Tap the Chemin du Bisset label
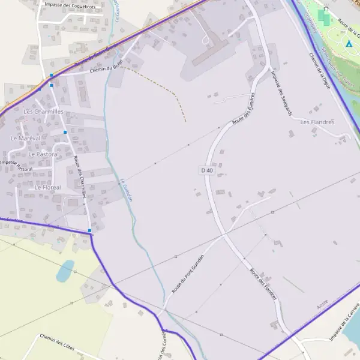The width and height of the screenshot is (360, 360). [106, 69]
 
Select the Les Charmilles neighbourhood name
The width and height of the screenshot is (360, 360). [43, 112]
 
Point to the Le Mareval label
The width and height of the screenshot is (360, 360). [25, 138]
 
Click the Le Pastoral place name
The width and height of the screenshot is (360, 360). [44, 154]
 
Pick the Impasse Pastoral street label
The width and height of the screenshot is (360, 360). [16, 166]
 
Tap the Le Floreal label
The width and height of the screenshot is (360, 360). [47, 187]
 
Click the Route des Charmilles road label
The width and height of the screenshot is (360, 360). [80, 176]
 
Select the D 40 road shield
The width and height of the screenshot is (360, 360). [206, 170]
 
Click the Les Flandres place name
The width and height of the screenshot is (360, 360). [317, 122]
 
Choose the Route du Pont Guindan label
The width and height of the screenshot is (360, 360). [188, 273]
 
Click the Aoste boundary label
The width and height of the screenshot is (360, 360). [323, 306]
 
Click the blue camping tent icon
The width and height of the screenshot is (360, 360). [349, 44]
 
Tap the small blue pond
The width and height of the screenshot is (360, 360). [65, 271]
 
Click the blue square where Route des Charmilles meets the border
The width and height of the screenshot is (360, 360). [89, 230]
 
